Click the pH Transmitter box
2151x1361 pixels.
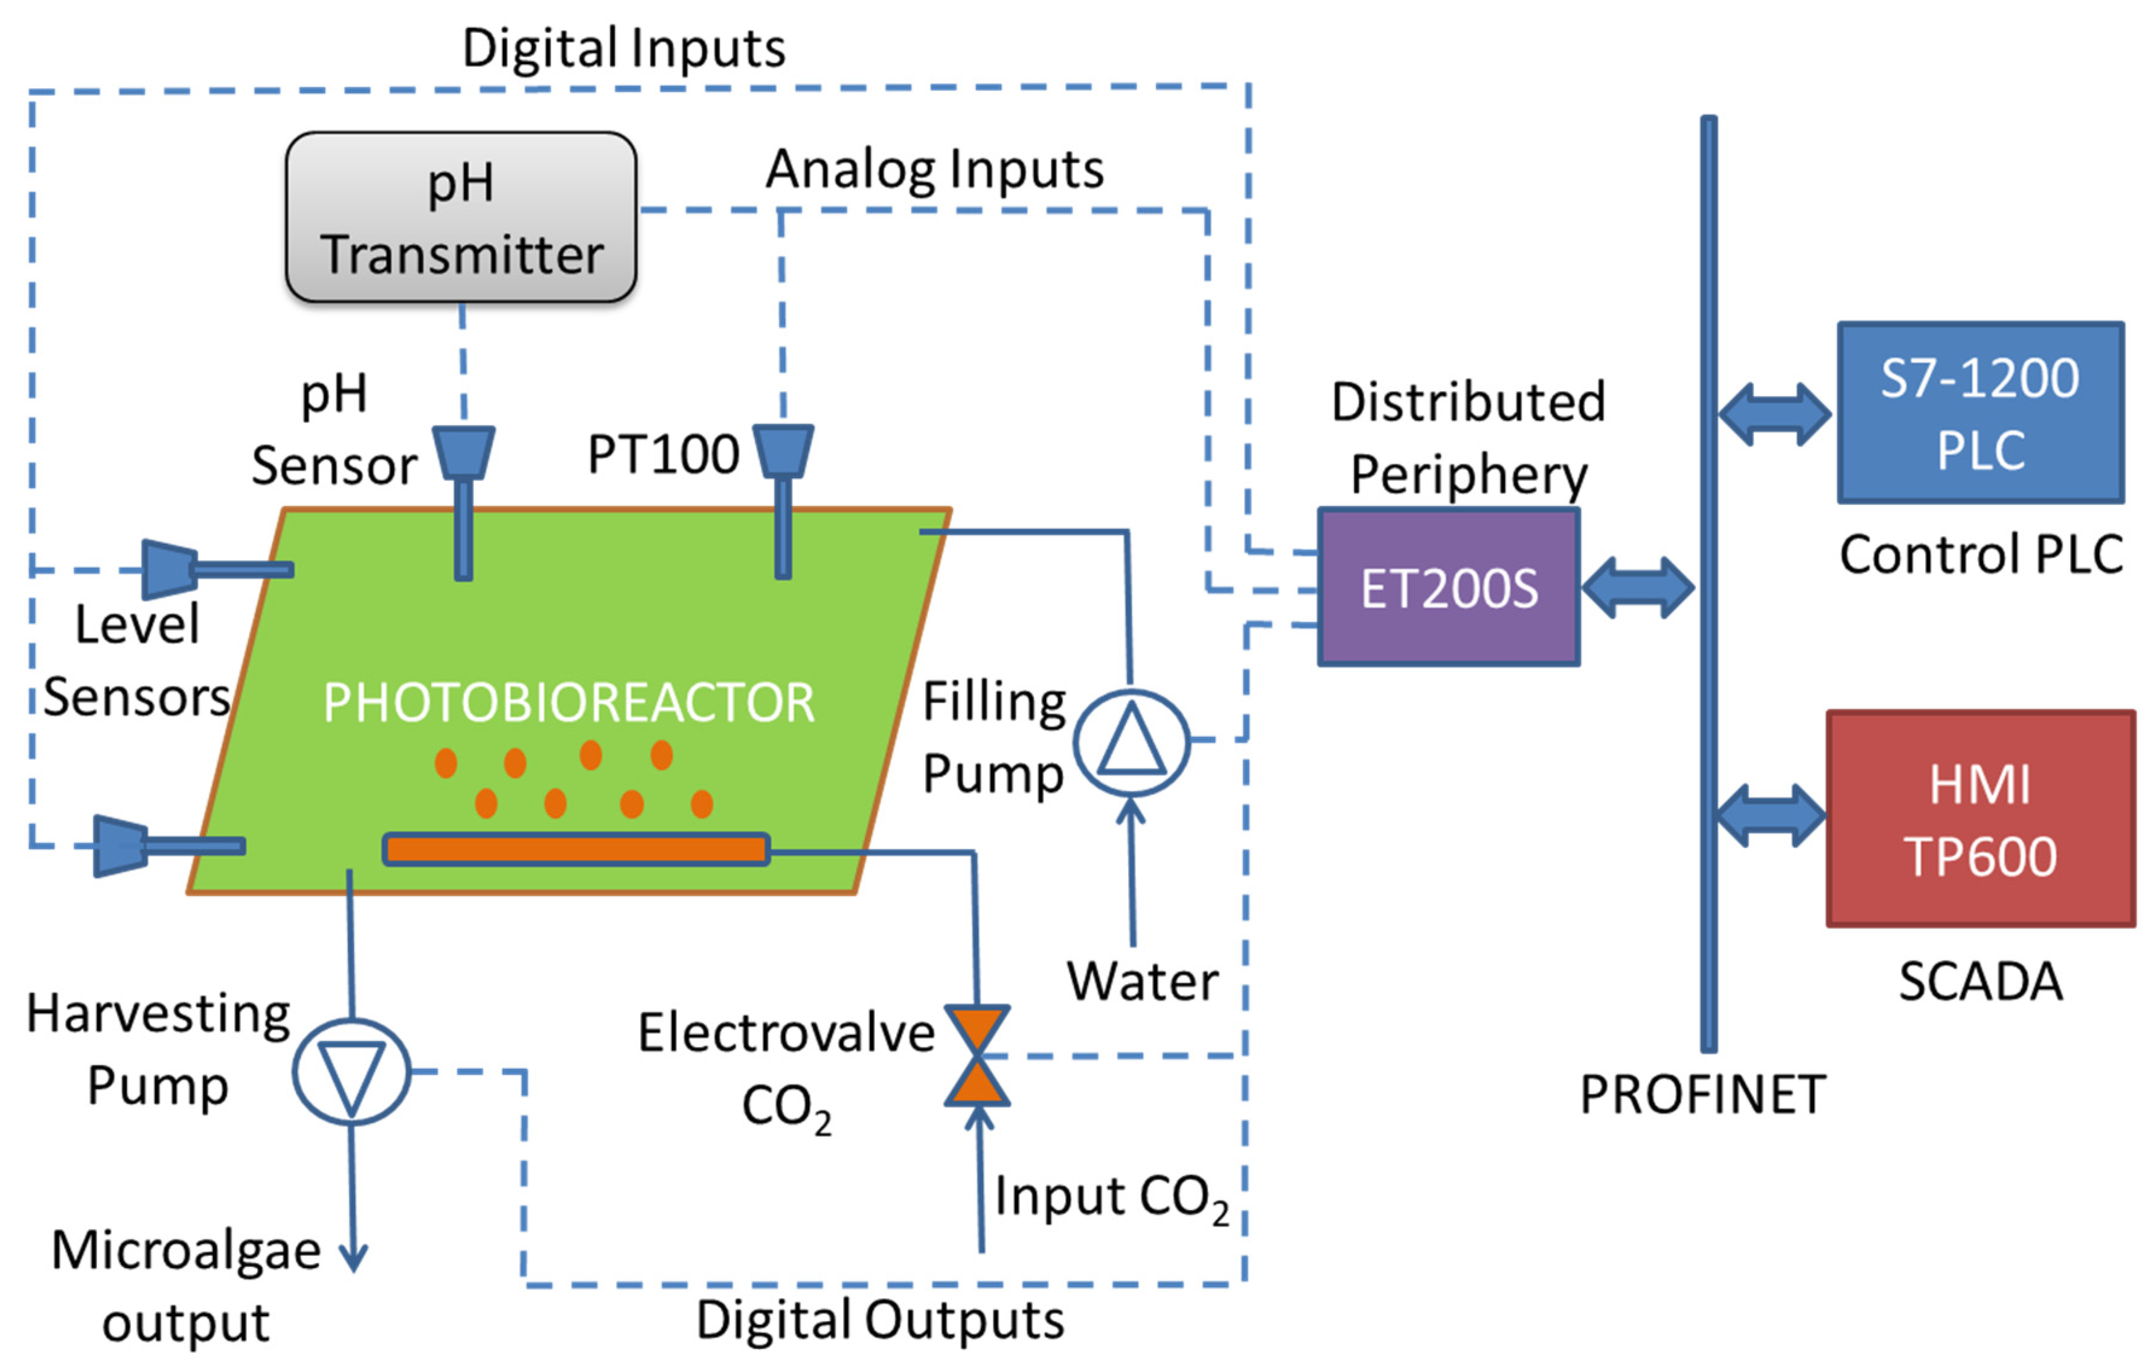pyautogui.click(x=460, y=217)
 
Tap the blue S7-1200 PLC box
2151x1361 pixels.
pyautogui.click(x=1979, y=413)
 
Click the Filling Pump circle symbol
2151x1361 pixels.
pyautogui.click(x=1131, y=741)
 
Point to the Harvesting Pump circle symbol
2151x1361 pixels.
pyautogui.click(x=351, y=1071)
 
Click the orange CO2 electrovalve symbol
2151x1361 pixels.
pyautogui.click(x=977, y=1056)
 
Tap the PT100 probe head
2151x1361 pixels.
pyautogui.click(x=783, y=450)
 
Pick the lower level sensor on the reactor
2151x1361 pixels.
pyautogui.click(x=121, y=845)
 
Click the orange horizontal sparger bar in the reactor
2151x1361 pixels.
pyautogui.click(x=576, y=849)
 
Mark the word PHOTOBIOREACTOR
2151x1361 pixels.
pyautogui.click(x=568, y=703)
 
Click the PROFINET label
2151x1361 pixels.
pyautogui.click(x=1702, y=1095)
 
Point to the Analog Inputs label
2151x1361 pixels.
pyautogui.click(x=934, y=169)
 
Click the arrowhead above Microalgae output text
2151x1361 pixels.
pyautogui.click(x=354, y=1257)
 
